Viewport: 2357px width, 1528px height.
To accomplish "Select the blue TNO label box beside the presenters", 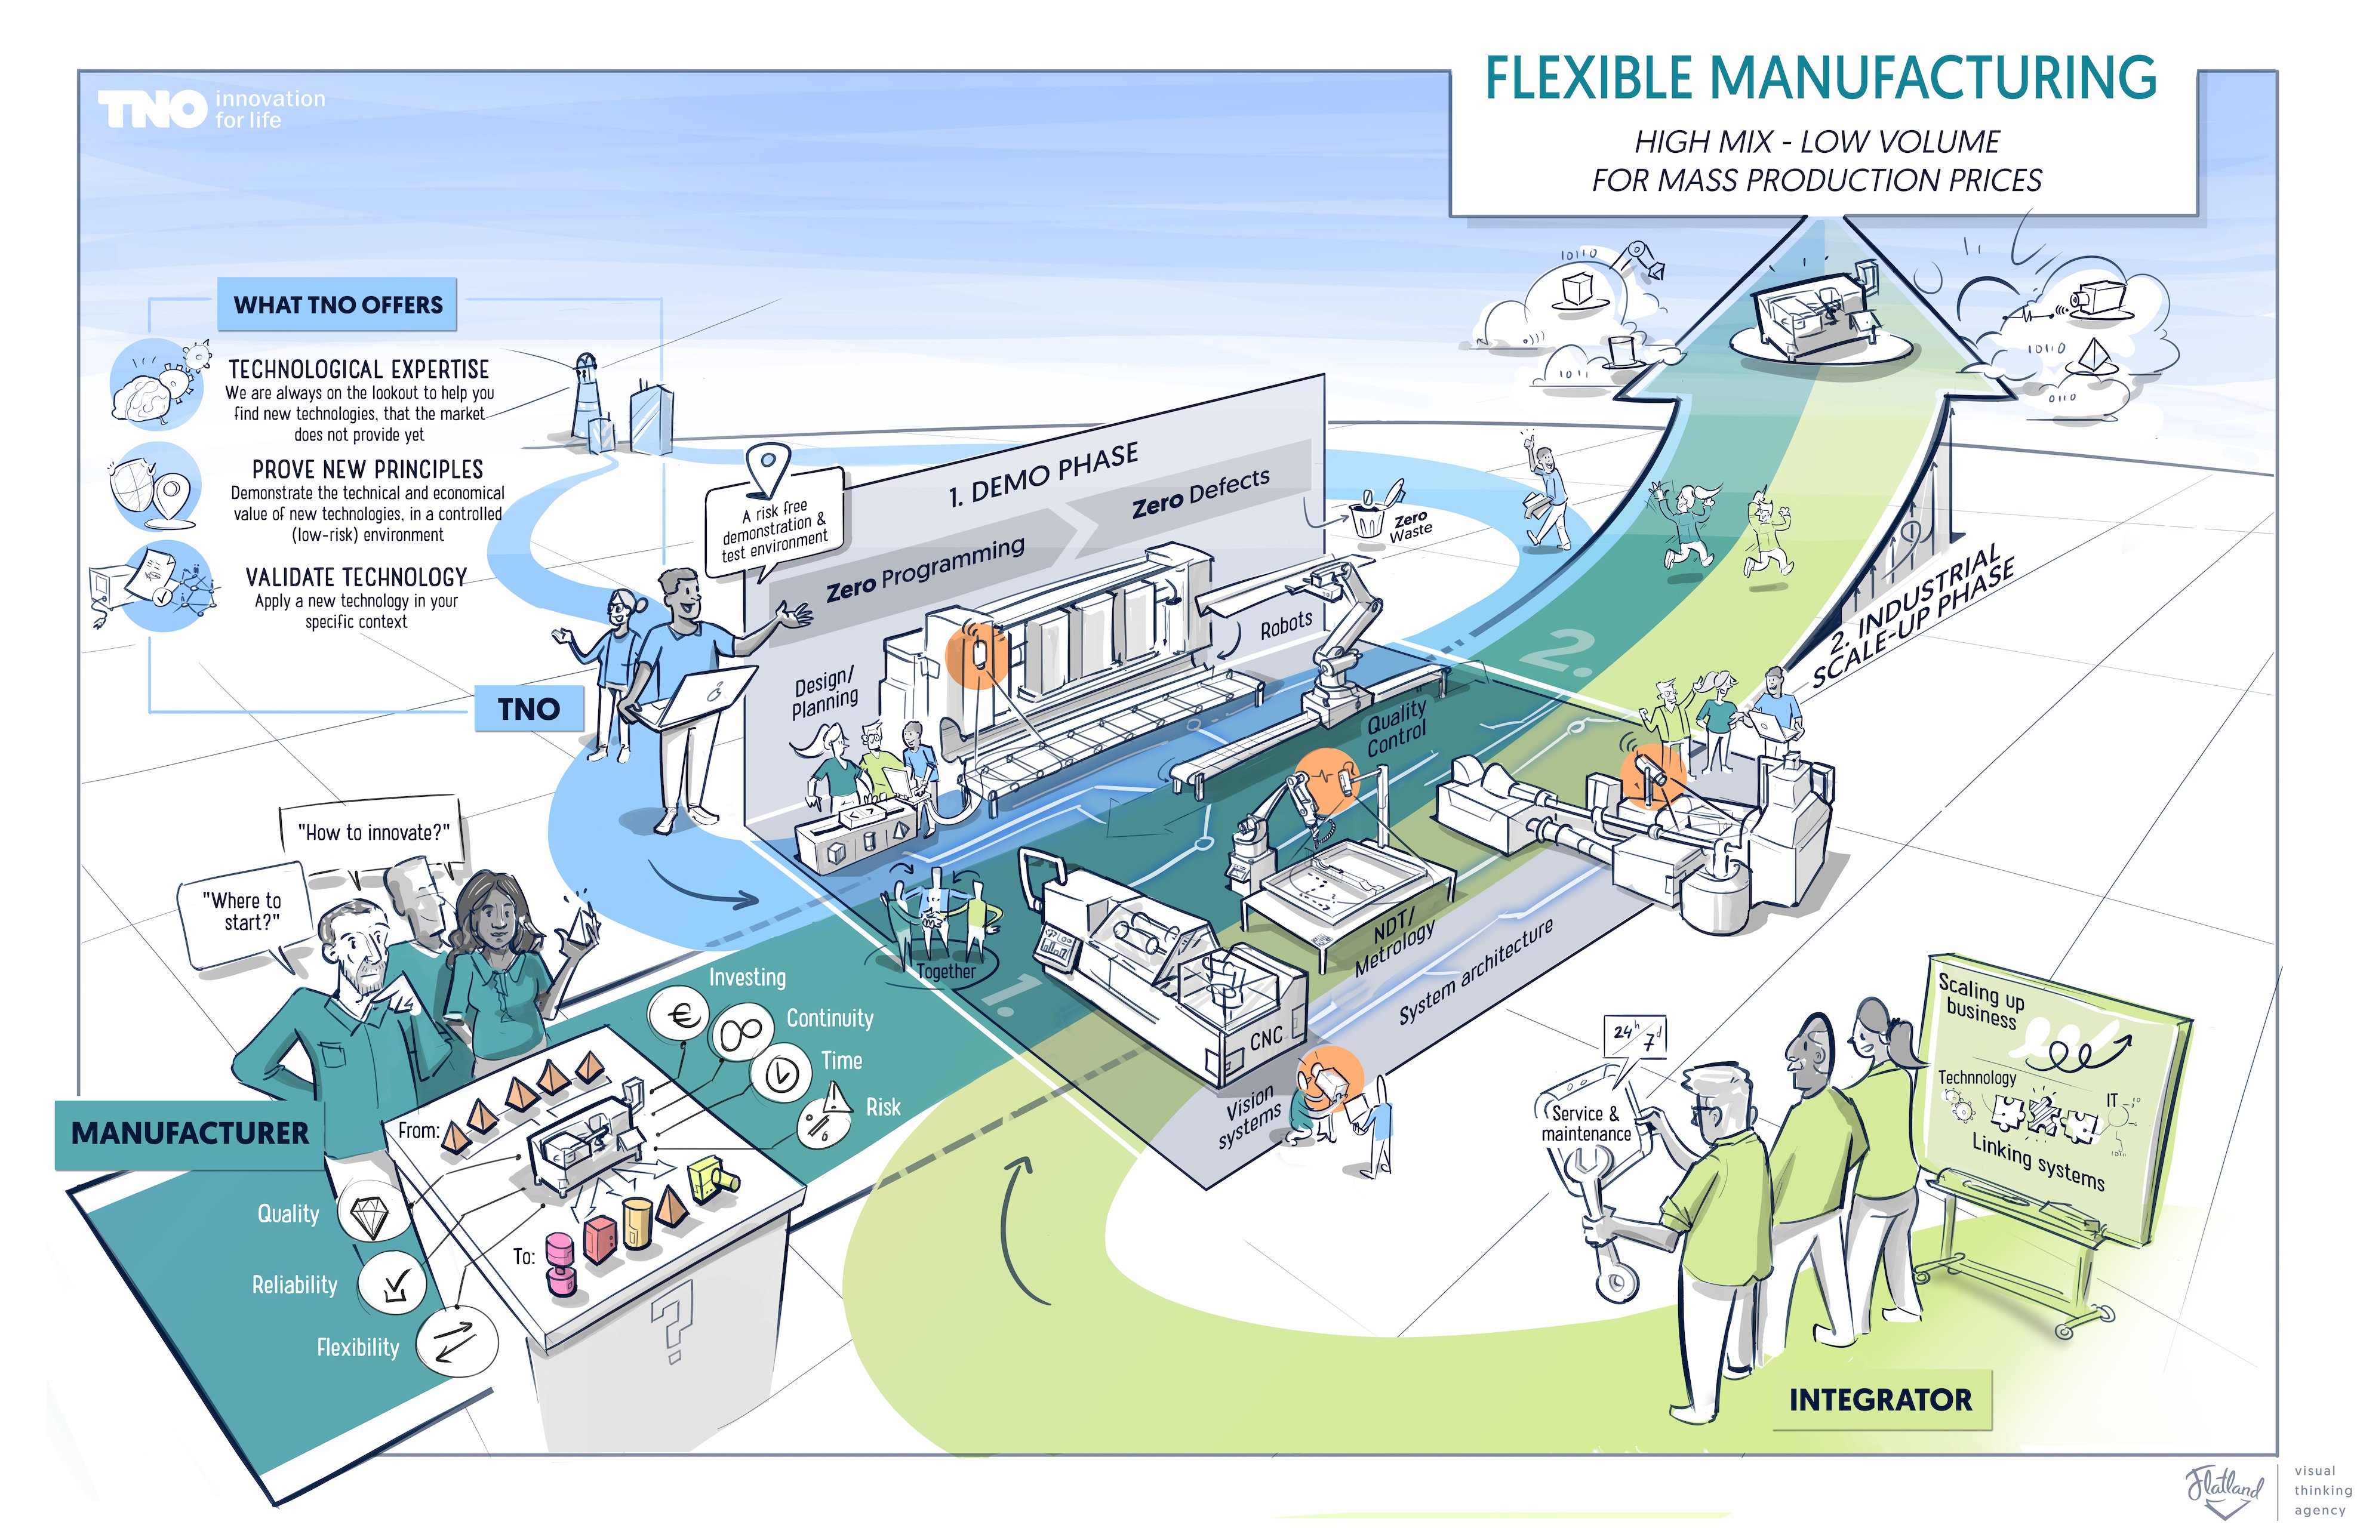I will coord(529,709).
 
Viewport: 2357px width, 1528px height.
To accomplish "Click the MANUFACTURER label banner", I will coord(189,1133).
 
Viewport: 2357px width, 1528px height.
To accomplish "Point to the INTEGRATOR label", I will coord(1879,1399).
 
